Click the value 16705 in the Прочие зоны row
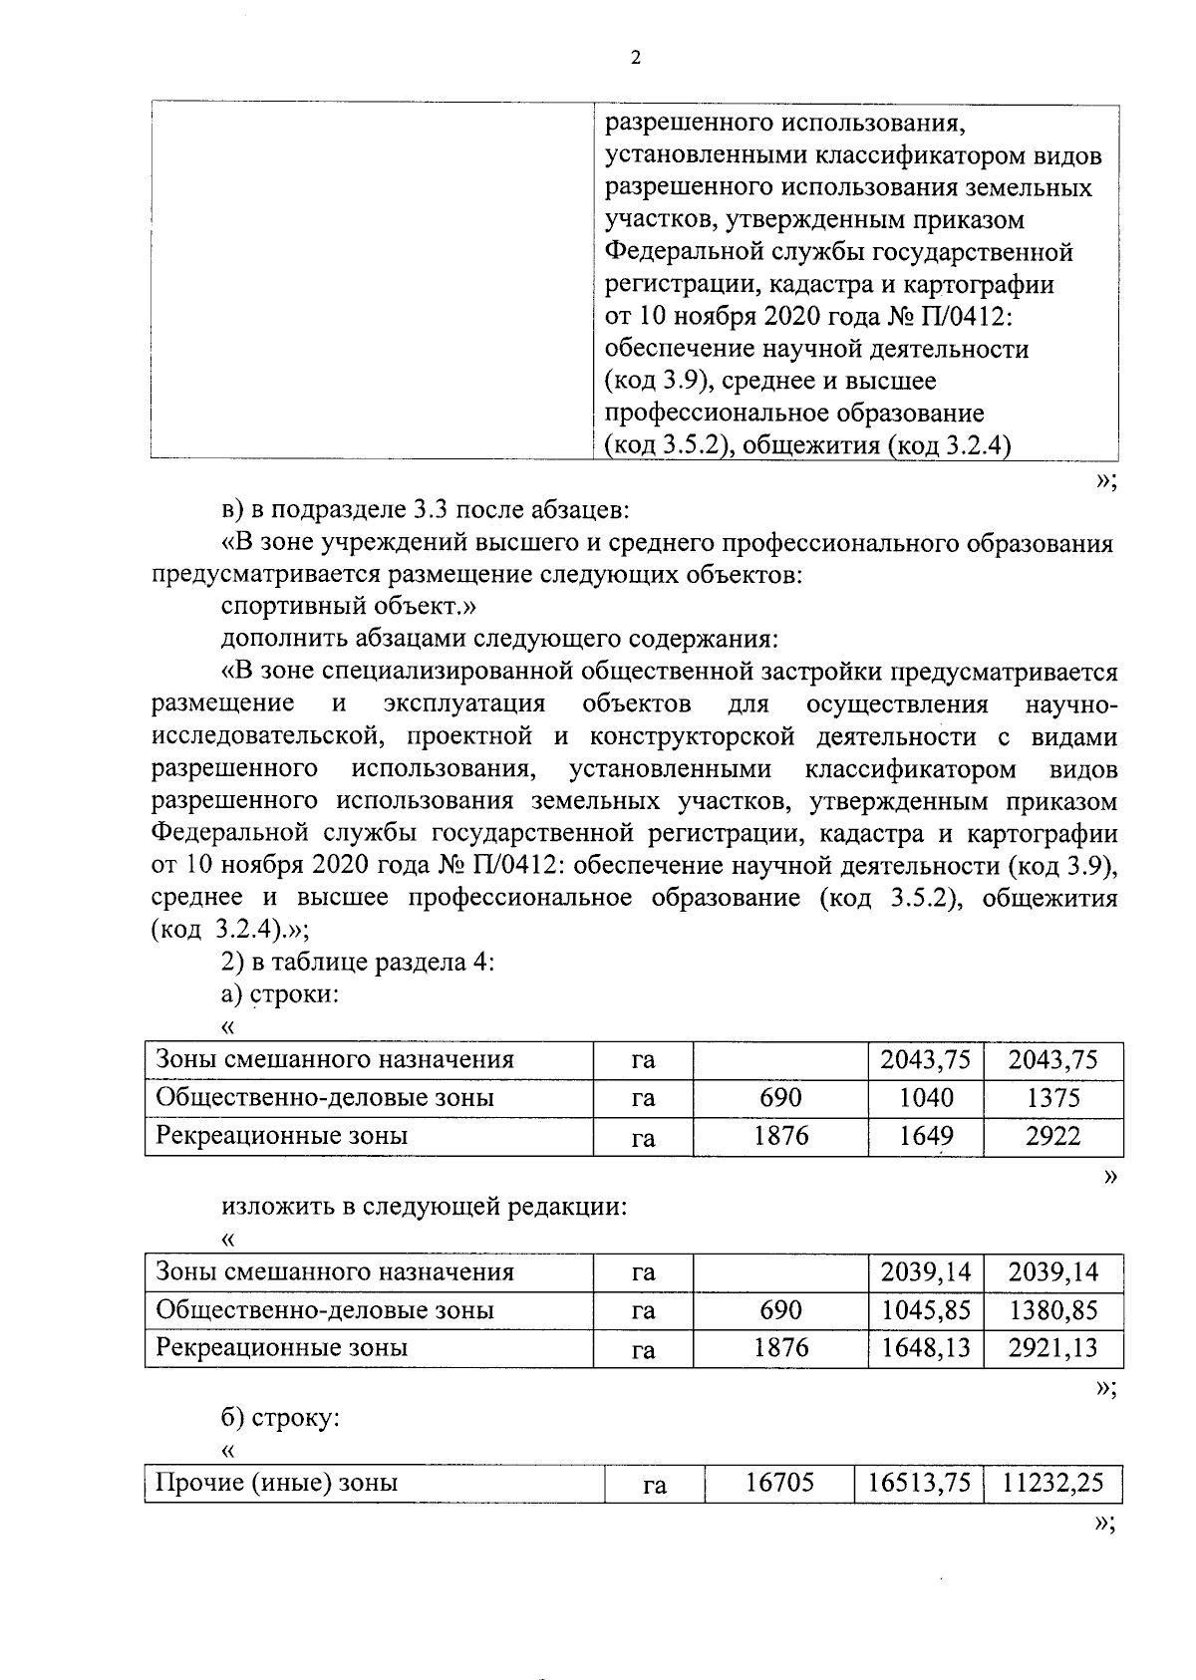[x=779, y=1484]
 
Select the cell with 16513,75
[x=918, y=1484]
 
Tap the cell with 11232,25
[x=1052, y=1484]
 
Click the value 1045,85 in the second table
[x=925, y=1310]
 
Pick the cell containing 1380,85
[x=1052, y=1310]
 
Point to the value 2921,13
[x=1052, y=1348]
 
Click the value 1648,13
[x=925, y=1348]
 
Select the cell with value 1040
[x=925, y=1098]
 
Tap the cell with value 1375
[x=1052, y=1098]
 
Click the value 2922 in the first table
[x=1052, y=1136]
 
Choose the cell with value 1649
[x=925, y=1136]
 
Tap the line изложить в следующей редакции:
[x=424, y=1208]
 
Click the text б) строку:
[x=280, y=1417]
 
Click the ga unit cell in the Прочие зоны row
[x=654, y=1486]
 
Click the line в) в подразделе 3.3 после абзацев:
[x=425, y=511]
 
